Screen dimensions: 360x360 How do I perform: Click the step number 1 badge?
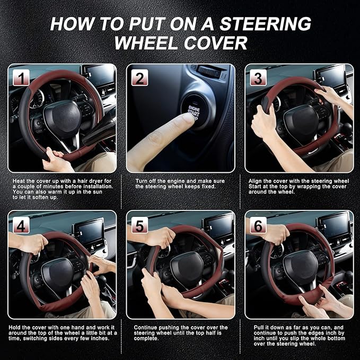coord(21,78)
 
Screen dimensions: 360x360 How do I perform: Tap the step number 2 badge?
coord(139,78)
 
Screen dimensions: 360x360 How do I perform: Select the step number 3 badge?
coord(258,78)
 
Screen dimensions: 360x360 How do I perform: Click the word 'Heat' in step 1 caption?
coord(20,181)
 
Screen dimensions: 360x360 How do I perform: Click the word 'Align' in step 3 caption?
coord(257,181)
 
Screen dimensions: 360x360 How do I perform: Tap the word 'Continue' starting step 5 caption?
coord(145,328)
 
